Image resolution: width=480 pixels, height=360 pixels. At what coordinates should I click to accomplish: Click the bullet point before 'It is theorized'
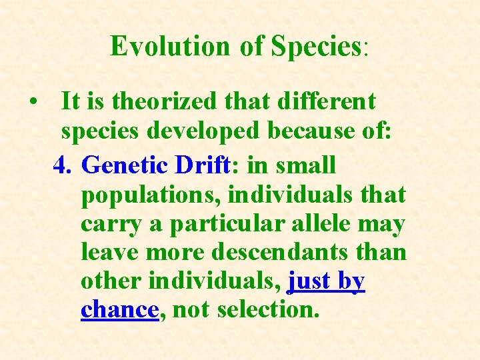(33, 103)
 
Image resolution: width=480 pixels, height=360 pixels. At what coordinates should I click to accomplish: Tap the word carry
(111, 225)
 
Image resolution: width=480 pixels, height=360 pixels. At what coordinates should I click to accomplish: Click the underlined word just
(311, 282)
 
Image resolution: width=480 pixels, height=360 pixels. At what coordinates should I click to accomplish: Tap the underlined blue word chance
(119, 310)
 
